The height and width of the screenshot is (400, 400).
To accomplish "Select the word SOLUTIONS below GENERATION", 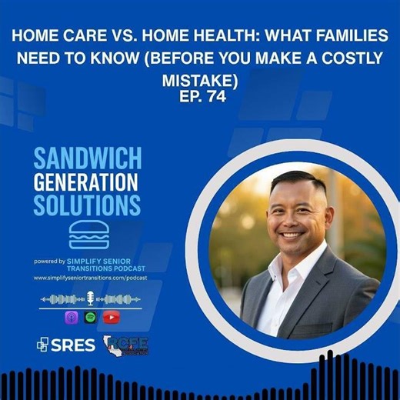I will (87, 205).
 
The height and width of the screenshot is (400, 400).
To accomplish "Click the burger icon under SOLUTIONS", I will (88, 235).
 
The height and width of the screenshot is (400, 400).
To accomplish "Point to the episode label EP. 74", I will (200, 96).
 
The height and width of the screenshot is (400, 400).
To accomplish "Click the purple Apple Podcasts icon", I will (71, 316).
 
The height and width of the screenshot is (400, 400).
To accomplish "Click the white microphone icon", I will (89, 298).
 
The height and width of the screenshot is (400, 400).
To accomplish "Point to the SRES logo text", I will (67, 345).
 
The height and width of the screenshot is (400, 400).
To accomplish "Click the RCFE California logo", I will (125, 345).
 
